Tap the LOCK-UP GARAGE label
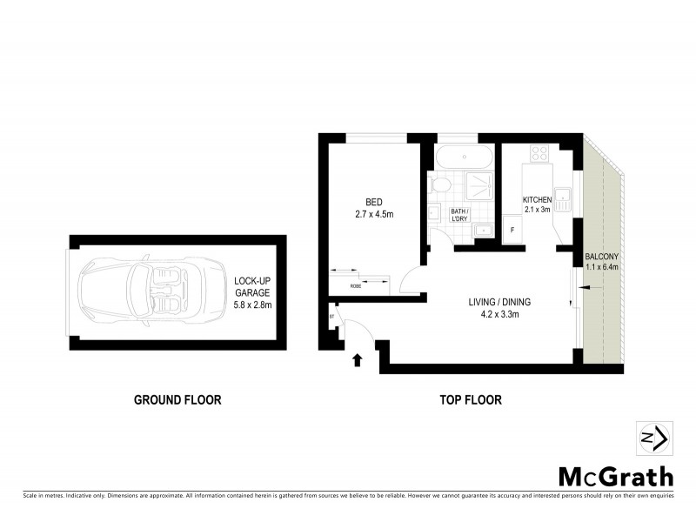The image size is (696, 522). [252, 287]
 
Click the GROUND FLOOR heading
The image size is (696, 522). [177, 400]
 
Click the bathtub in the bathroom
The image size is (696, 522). [462, 158]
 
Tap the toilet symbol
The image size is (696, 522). [439, 184]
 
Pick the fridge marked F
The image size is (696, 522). [512, 230]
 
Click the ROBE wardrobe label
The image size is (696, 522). [356, 285]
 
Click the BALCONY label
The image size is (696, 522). [602, 257]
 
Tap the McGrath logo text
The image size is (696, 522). [615, 476]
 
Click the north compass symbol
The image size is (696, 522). [653, 438]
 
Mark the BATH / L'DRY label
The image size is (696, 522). [459, 216]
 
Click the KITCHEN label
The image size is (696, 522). [537, 199]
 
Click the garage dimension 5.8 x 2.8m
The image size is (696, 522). [252, 304]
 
